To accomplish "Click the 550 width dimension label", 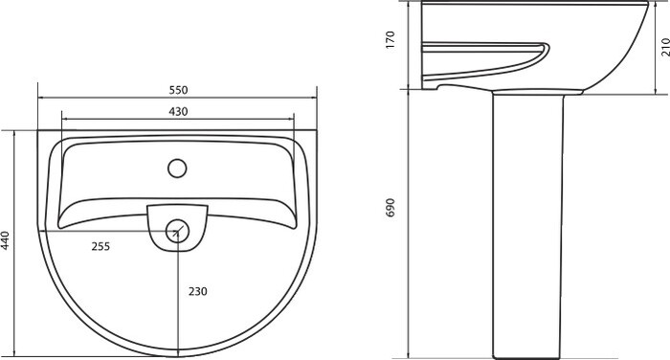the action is (178, 90).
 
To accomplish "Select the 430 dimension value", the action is (178, 112).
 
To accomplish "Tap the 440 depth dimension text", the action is (5, 240).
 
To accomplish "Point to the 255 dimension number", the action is (100, 246).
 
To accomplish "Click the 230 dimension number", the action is (198, 291).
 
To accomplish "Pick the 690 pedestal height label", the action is (391, 208).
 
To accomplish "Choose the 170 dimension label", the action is (391, 40).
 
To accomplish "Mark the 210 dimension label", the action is (665, 47).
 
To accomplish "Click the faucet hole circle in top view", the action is (177, 168).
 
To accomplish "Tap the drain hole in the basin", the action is (177, 232).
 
